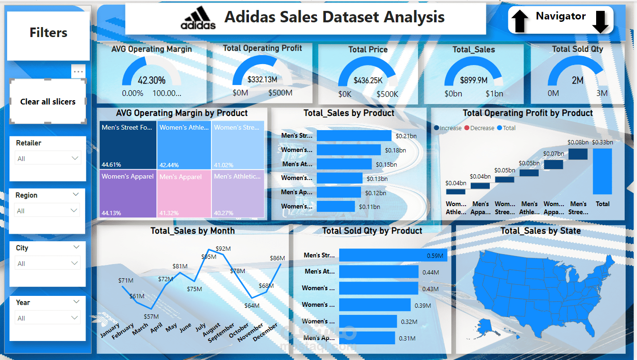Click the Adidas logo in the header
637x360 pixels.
click(x=198, y=19)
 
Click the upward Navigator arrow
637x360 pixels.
click(x=520, y=21)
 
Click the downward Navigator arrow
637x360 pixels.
click(x=600, y=21)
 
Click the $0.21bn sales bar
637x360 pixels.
click(x=354, y=136)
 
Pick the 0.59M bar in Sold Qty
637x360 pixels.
click(x=393, y=256)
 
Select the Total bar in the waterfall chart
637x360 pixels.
click(x=602, y=171)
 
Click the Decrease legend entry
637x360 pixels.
click(x=481, y=128)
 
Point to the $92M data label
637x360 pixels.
click(x=223, y=248)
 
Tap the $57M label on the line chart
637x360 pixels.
click(x=151, y=317)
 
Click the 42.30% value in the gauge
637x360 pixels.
click(x=152, y=81)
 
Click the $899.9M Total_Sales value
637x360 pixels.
click(x=474, y=81)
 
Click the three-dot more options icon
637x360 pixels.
click(x=78, y=72)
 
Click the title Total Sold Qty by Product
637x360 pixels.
click(x=372, y=231)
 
